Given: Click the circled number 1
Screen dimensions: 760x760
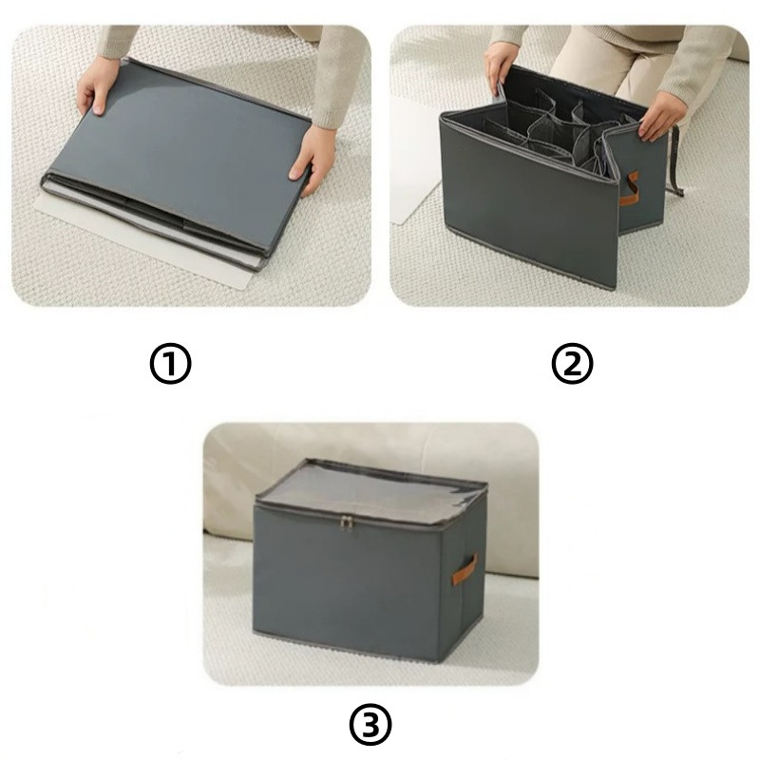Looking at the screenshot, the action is coord(170,364).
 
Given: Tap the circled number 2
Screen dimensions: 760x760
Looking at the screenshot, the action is coord(573,364).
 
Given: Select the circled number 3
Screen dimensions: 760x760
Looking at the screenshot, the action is coord(370,726).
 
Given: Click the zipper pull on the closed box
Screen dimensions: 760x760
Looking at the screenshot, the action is coord(346,523).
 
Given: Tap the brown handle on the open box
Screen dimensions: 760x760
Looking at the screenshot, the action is coord(630,189).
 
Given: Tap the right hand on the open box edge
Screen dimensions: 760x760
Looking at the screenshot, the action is coord(658,116).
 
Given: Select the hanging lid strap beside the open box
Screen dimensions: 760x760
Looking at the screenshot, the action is coord(674,161).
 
